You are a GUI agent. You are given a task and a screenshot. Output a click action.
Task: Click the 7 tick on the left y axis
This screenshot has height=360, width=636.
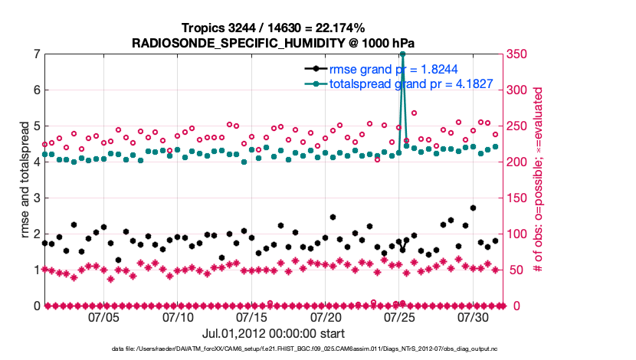point(36,54)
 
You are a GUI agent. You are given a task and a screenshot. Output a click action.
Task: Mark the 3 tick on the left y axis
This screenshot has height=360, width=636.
point(36,198)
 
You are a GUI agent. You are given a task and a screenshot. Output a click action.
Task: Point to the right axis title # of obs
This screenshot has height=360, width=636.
point(539,180)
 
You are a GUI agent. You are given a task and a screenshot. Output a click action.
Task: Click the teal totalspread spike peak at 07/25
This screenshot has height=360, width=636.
point(402,54)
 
